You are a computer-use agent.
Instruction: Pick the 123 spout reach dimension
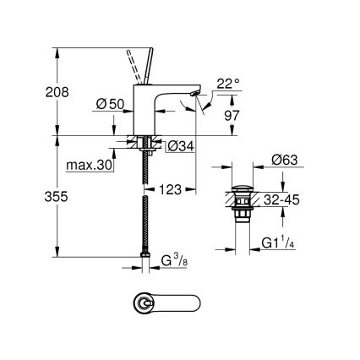coord(172,190)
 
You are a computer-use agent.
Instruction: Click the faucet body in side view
coord(156,110)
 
